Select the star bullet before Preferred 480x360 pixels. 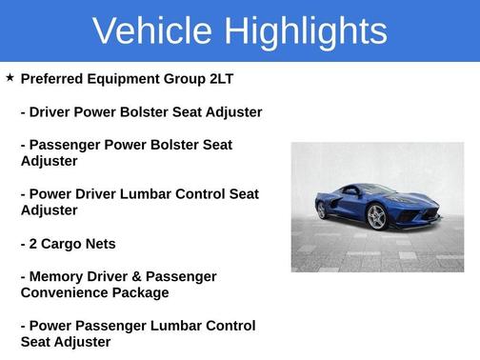pos(10,76)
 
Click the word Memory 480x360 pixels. pos(56,276)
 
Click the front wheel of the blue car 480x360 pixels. pos(377,217)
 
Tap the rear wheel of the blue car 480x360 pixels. pos(322,210)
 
